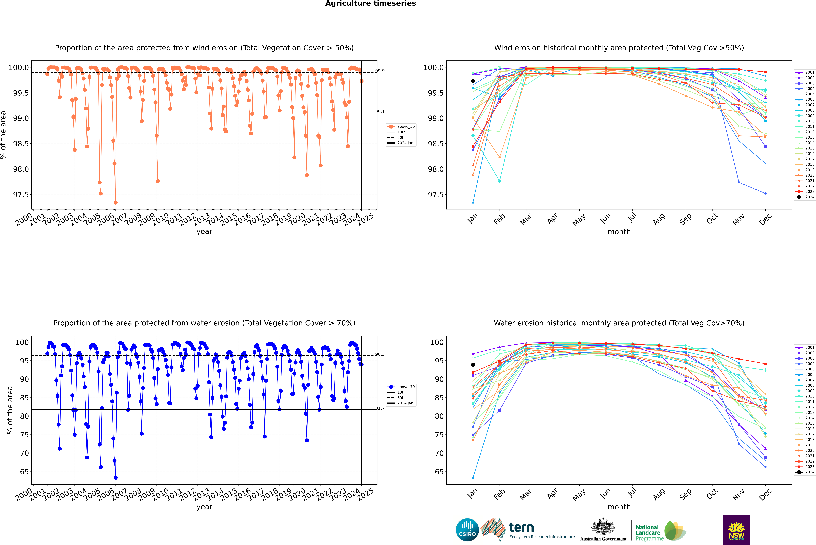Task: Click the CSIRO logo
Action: click(467, 530)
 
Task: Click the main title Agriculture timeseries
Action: click(370, 3)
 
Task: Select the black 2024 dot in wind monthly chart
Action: click(473, 81)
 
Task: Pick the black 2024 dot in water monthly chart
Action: click(473, 365)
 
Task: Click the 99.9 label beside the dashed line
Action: click(380, 71)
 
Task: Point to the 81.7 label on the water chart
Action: click(380, 408)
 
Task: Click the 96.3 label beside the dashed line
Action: click(380, 355)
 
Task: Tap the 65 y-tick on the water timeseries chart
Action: click(24, 472)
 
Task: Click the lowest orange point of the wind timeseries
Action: click(115, 203)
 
